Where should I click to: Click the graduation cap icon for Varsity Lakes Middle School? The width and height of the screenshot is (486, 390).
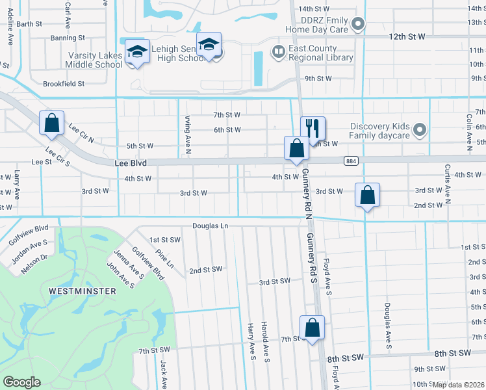138,51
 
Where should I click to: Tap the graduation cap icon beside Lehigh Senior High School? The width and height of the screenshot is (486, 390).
209,44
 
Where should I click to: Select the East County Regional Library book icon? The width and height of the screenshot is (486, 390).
279,51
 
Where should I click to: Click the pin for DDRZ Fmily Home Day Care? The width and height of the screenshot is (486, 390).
357,25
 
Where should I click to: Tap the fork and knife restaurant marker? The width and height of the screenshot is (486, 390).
313,129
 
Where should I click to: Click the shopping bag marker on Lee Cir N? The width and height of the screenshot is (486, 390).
52,123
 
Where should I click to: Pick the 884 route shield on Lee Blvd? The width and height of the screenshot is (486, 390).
352,161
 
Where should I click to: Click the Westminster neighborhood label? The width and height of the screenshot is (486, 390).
82,291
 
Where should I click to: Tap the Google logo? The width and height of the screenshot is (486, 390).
21,382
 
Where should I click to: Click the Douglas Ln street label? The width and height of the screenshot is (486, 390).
211,226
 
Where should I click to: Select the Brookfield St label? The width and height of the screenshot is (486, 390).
64,84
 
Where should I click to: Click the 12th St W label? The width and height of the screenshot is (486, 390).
407,37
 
